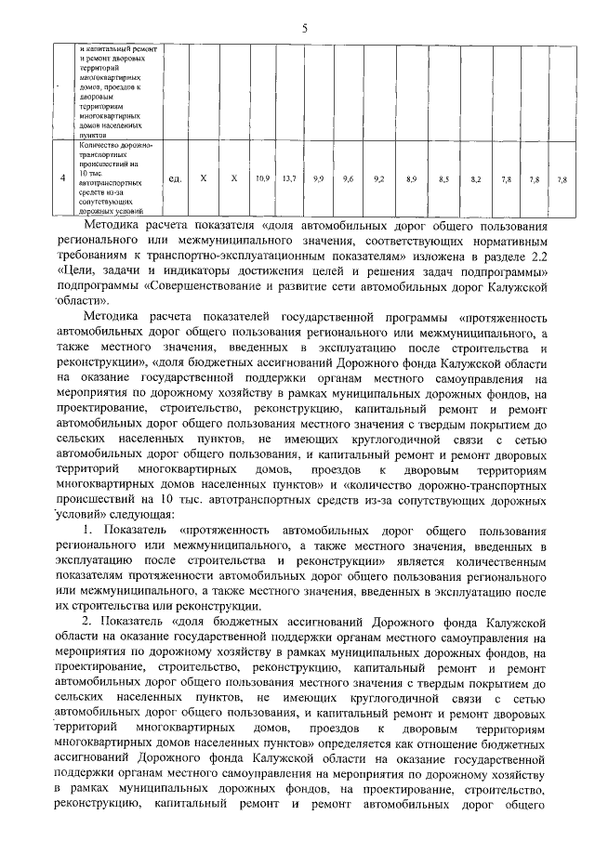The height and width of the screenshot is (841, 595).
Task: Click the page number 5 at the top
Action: pos(304,28)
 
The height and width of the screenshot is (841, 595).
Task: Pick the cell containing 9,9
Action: pos(319,177)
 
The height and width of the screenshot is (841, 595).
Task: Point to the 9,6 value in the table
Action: pos(349,177)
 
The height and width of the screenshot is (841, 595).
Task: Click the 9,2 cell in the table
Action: pos(378,177)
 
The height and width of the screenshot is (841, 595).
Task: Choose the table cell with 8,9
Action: pos(411,177)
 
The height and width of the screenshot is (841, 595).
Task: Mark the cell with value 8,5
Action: pos(443,177)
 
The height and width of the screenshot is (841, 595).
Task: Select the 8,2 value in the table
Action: pos(476,177)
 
